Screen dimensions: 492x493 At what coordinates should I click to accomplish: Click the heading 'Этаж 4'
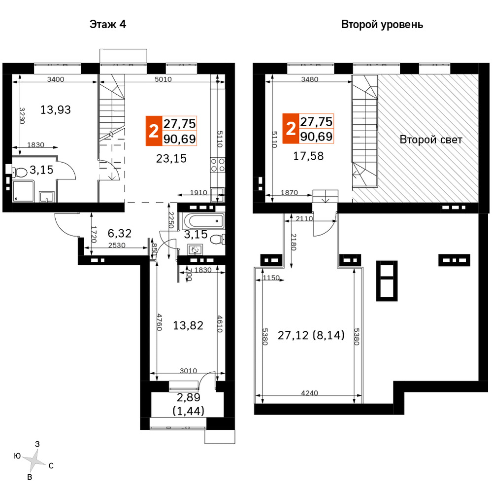point(108,25)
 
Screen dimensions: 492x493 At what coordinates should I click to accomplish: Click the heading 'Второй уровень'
point(382,25)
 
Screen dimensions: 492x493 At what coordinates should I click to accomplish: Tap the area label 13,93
point(56,110)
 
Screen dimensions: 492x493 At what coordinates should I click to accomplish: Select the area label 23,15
point(171,158)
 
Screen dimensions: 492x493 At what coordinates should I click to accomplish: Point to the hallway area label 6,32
point(119,233)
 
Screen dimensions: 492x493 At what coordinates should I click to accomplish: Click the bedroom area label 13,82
point(188,325)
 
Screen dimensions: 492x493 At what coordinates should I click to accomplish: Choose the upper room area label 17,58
point(308,156)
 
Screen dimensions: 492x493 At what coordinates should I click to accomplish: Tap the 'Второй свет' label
point(431,140)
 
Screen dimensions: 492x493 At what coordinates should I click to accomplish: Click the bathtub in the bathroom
point(203,221)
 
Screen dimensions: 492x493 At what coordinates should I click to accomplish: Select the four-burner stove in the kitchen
point(218,165)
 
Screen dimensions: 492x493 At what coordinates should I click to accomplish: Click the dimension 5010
point(163,79)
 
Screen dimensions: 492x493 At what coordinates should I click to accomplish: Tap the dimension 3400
point(56,79)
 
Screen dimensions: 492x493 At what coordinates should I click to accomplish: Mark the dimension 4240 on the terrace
point(309,393)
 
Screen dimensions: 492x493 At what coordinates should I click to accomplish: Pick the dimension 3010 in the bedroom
point(188,371)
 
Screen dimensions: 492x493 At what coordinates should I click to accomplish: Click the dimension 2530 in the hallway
point(117,245)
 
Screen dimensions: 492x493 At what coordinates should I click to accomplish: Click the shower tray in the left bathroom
point(23,191)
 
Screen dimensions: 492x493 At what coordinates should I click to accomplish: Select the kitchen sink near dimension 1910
point(218,195)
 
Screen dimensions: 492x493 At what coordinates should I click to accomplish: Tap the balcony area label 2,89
point(189,397)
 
